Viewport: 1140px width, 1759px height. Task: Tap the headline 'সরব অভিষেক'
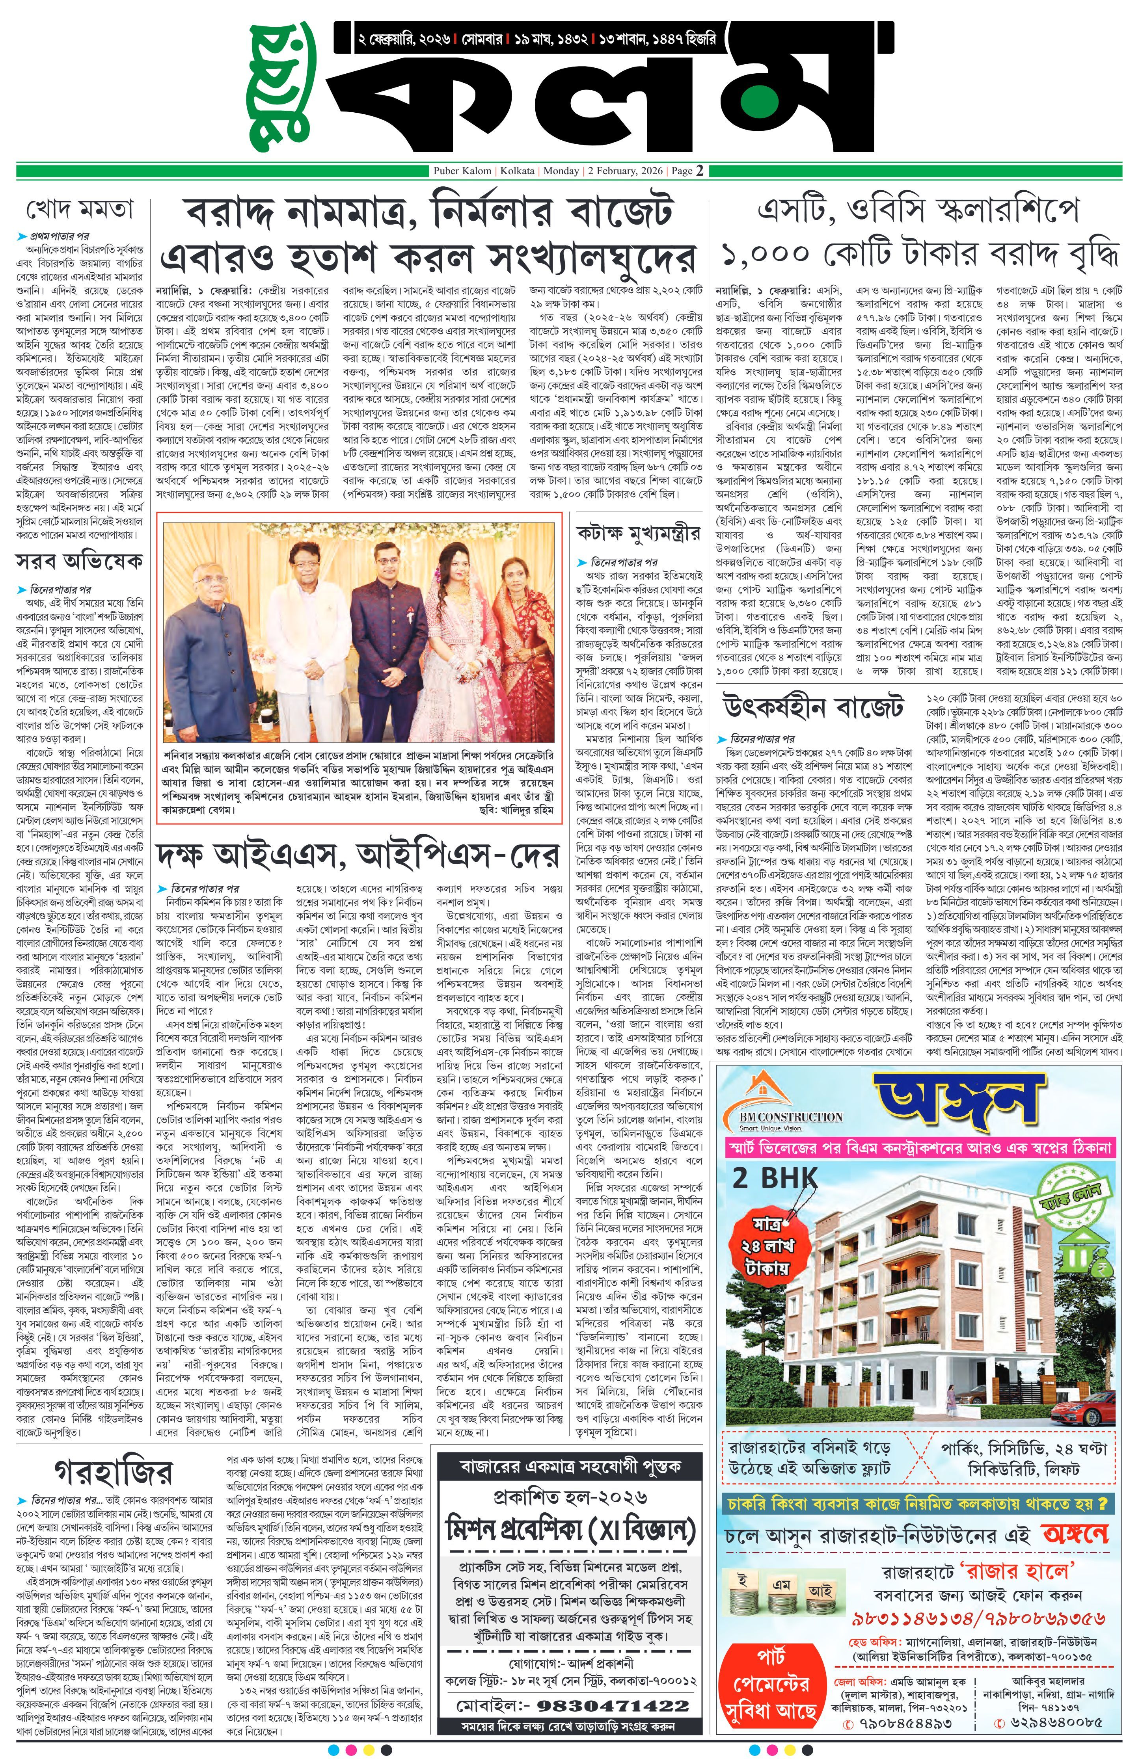(79, 562)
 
